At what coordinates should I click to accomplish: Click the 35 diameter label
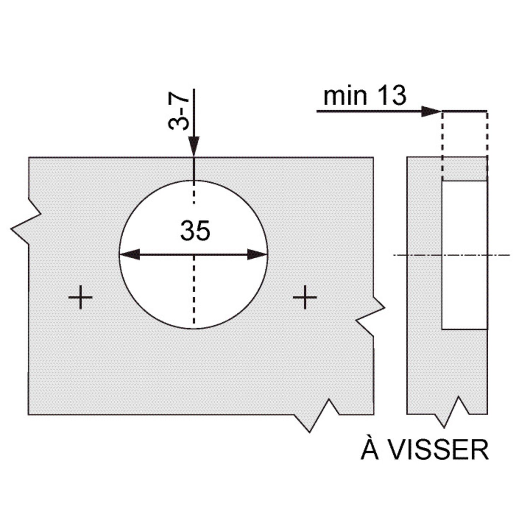click(195, 231)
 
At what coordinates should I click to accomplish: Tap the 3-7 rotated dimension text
click(179, 110)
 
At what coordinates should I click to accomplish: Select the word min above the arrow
click(345, 96)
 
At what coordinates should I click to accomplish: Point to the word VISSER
click(439, 450)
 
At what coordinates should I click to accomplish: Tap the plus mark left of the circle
click(81, 297)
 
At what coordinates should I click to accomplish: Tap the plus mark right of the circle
click(305, 297)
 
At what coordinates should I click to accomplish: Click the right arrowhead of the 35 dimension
click(257, 254)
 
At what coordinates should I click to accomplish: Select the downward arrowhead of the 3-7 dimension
click(194, 146)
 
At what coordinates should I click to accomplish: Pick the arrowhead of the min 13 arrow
click(431, 112)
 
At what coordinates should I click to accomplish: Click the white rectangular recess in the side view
click(464, 255)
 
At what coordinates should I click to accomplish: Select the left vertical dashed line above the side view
click(442, 145)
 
